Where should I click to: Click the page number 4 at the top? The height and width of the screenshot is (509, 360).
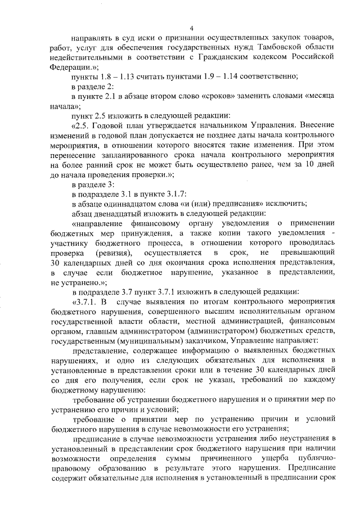(191, 29)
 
